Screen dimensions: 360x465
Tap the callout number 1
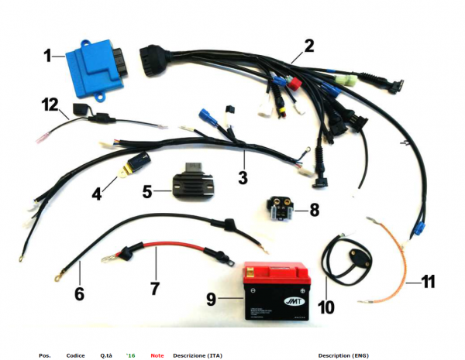(48, 56)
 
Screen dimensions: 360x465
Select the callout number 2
(308, 46)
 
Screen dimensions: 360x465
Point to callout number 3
(243, 177)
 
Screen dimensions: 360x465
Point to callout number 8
(314, 209)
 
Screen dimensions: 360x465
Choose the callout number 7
(154, 288)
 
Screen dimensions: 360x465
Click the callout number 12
(50, 104)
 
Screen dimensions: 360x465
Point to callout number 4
(96, 194)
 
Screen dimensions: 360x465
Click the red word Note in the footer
(157, 355)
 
